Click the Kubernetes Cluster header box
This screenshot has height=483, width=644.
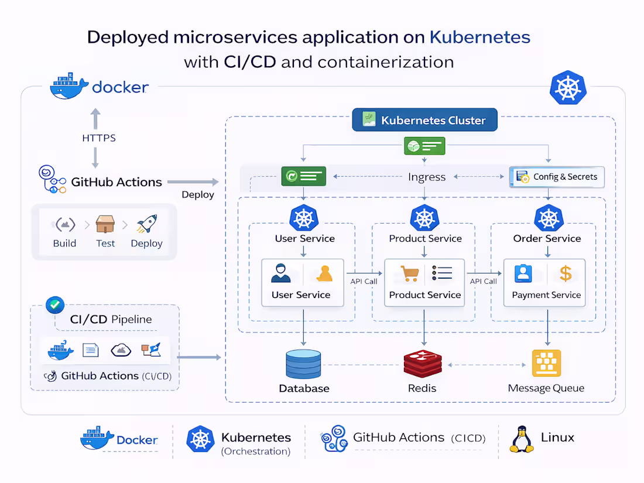(424, 120)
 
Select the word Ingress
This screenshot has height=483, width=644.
(427, 177)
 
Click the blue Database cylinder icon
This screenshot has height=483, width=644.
(303, 364)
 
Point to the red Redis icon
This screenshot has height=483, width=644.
(422, 364)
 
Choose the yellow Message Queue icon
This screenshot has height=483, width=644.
(546, 363)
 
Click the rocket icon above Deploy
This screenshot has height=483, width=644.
(146, 224)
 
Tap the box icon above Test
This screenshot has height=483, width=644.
(105, 224)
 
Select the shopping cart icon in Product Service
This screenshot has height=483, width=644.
(409, 273)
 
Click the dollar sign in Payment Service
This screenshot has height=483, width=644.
(565, 273)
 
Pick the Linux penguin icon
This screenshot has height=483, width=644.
(521, 439)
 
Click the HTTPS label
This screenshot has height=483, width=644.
(98, 138)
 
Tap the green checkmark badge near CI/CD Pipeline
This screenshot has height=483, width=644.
(55, 304)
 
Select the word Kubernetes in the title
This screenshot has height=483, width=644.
(479, 37)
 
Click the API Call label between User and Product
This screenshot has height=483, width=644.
(364, 282)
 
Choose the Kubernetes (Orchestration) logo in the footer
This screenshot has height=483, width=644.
(200, 439)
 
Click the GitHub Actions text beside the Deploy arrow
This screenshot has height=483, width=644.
(116, 182)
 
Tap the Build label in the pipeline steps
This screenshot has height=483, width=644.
(64, 244)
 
